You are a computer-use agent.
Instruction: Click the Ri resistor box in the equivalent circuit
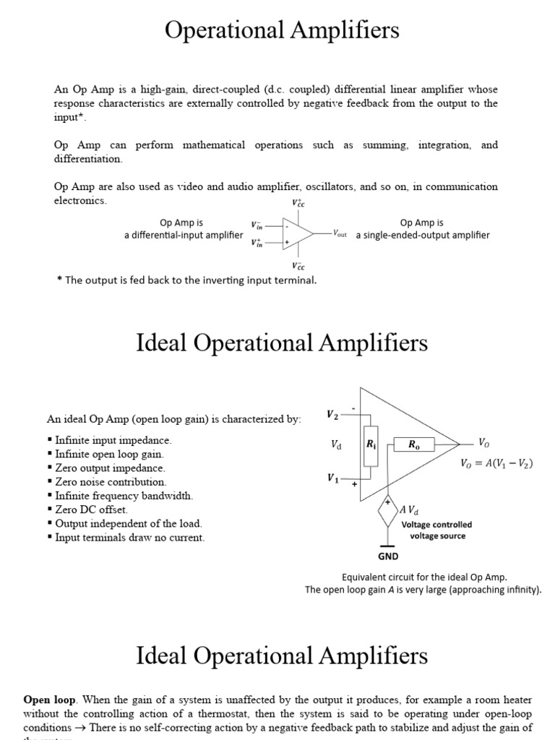pyautogui.click(x=371, y=446)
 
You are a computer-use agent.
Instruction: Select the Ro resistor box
pyautogui.click(x=413, y=445)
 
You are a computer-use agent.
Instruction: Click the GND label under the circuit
pyautogui.click(x=388, y=556)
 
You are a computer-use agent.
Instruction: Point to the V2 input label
pyautogui.click(x=332, y=414)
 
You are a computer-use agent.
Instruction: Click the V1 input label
pyautogui.click(x=332, y=478)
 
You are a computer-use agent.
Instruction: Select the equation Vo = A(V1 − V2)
pyautogui.click(x=496, y=464)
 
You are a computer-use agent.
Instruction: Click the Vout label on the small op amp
pyautogui.click(x=340, y=234)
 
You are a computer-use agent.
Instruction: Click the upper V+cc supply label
pyautogui.click(x=298, y=203)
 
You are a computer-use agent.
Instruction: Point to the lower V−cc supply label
pyautogui.click(x=298, y=265)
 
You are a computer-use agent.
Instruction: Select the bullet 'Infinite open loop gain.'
pyautogui.click(x=109, y=455)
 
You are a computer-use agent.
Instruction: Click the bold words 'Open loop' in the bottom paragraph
pyautogui.click(x=46, y=700)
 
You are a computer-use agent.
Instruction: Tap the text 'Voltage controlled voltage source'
pyautogui.click(x=437, y=530)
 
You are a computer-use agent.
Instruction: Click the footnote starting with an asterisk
pyautogui.click(x=186, y=280)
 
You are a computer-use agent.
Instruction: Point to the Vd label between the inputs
pyautogui.click(x=336, y=446)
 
